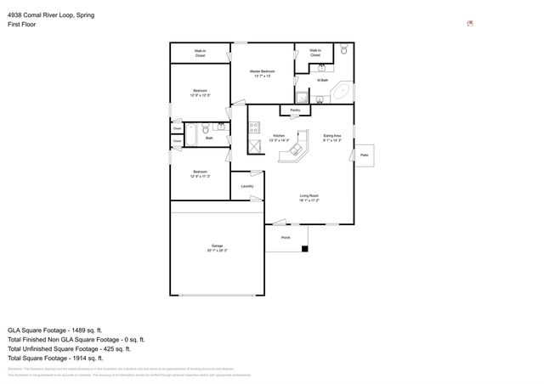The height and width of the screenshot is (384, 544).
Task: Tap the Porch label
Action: point(286,238)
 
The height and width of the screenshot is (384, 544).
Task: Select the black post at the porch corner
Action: point(306,249)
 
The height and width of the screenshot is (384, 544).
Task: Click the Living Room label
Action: point(308,198)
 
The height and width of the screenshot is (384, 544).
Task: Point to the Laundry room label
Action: point(247,186)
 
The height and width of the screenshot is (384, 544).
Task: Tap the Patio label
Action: point(365,155)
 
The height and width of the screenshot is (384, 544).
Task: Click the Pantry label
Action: point(295,110)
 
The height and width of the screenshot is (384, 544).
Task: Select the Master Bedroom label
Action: point(262,73)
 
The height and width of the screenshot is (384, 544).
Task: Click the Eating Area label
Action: point(332,138)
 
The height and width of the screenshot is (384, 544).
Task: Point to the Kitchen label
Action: point(279,138)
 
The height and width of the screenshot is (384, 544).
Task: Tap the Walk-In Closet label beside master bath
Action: point(314,53)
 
